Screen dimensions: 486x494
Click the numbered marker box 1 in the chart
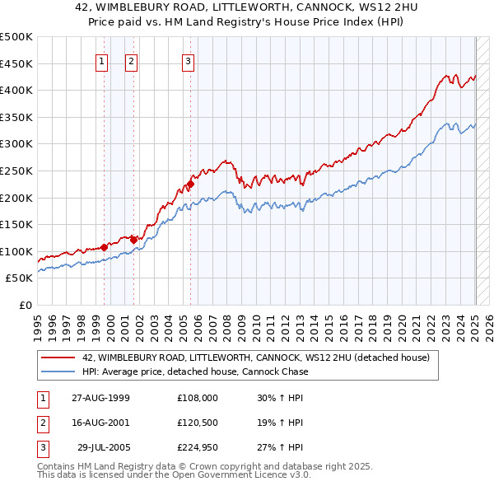click(101, 60)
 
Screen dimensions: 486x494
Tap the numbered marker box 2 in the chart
click(131, 60)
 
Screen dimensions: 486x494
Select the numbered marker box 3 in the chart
click(188, 60)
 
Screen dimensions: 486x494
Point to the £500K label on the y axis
click(16, 37)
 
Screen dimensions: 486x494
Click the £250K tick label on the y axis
click(16, 171)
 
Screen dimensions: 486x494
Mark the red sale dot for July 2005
click(190, 185)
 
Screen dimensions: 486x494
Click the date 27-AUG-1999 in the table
click(101, 397)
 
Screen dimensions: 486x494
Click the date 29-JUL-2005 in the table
click(103, 448)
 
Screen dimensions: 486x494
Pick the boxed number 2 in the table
click(41, 423)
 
